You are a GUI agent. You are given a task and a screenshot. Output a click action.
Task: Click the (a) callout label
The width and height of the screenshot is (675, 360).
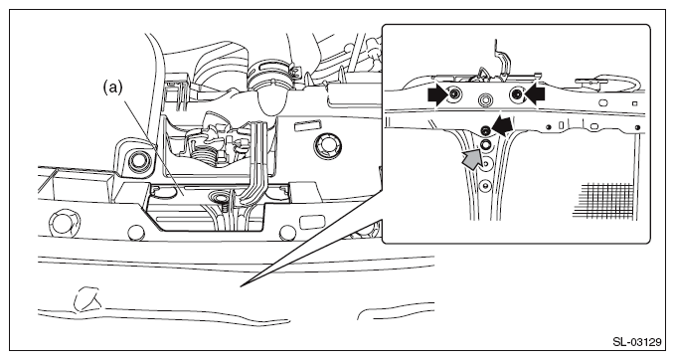(x=112, y=88)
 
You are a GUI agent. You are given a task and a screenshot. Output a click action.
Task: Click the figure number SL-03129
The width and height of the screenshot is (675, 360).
(x=636, y=342)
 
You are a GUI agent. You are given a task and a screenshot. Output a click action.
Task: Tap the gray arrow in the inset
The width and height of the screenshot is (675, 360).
(x=470, y=159)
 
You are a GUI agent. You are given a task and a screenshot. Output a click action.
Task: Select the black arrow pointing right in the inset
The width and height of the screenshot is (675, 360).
(x=437, y=95)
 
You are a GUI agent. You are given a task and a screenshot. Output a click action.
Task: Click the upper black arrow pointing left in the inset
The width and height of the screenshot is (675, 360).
(x=535, y=94)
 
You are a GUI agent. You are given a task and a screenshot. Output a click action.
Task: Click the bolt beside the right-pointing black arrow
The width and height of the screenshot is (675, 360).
(x=454, y=94)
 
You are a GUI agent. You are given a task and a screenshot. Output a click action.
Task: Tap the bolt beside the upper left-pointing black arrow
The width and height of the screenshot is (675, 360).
(x=517, y=94)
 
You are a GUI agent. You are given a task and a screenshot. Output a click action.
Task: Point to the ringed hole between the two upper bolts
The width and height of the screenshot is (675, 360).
(x=485, y=100)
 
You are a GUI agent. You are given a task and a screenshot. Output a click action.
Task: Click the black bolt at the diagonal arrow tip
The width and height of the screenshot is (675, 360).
(x=485, y=129)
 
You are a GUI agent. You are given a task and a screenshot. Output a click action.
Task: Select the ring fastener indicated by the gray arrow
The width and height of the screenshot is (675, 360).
(x=485, y=145)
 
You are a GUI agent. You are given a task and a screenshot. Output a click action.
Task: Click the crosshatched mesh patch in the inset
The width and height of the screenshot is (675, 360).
(x=604, y=201)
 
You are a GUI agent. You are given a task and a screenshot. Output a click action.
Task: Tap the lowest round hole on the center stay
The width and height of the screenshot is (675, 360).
(x=485, y=185)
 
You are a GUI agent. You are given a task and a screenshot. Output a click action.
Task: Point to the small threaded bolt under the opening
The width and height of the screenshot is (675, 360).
(x=225, y=208)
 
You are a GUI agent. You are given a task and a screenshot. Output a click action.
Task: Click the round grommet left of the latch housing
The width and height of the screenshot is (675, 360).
(x=138, y=161)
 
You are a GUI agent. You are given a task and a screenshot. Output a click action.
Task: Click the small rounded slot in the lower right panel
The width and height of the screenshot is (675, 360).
(x=309, y=223)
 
